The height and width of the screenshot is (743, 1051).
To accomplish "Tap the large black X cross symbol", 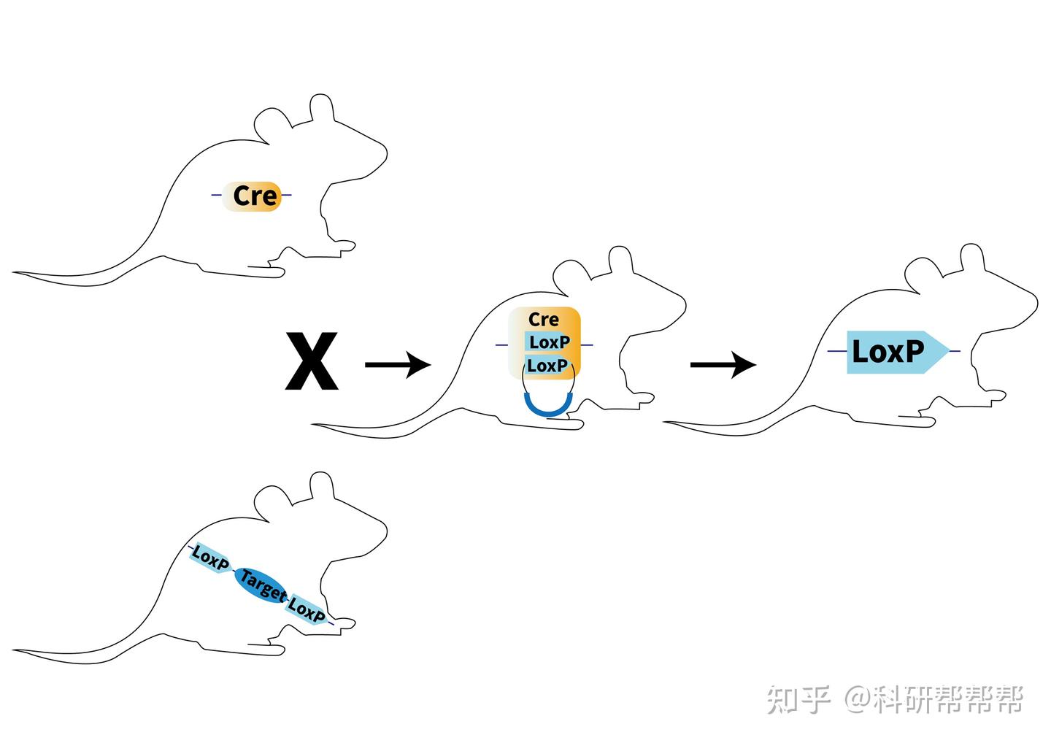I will pyautogui.click(x=312, y=361).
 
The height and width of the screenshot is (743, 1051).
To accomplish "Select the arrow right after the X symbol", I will pyautogui.click(x=398, y=363).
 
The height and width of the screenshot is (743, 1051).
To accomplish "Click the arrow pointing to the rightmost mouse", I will pyautogui.click(x=723, y=363).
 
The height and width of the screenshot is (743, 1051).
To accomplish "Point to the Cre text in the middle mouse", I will pyautogui.click(x=544, y=320).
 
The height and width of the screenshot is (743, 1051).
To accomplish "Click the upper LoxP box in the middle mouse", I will pyautogui.click(x=549, y=342).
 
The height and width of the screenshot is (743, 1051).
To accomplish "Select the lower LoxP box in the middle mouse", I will pyautogui.click(x=547, y=365).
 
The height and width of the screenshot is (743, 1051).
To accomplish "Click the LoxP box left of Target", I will pyautogui.click(x=210, y=559).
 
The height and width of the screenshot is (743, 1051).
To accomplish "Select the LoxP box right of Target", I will pyautogui.click(x=307, y=609).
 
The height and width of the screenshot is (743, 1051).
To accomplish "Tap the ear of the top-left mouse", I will pyautogui.click(x=322, y=109).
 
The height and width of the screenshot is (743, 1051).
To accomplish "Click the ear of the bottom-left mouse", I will pyautogui.click(x=322, y=488).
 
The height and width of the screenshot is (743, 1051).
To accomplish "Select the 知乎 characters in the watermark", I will pyautogui.click(x=798, y=699).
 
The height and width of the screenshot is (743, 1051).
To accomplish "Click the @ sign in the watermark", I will pyautogui.click(x=858, y=699).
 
